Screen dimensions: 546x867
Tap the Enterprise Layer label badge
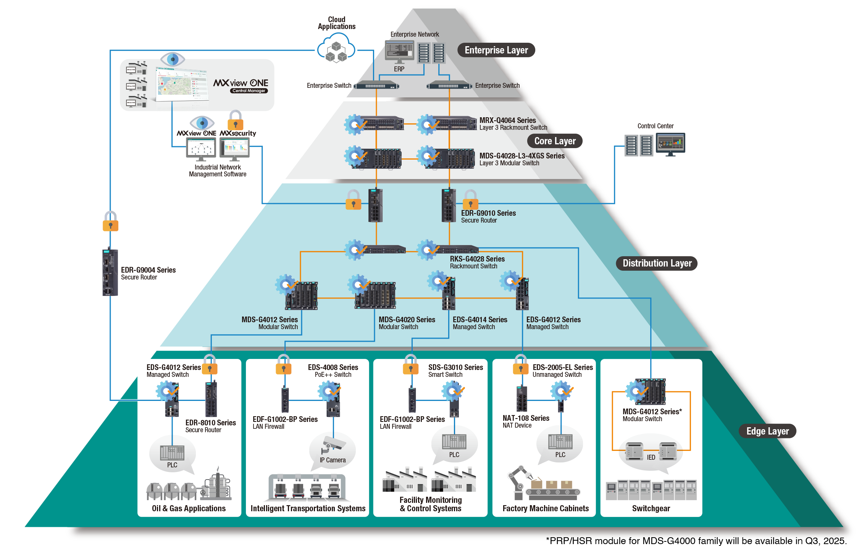tap(496, 50)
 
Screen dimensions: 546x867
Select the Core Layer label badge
tap(555, 141)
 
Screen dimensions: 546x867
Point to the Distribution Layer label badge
tap(657, 263)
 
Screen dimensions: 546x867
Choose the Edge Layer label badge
tap(767, 431)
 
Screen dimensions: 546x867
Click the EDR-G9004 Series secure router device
tap(110, 272)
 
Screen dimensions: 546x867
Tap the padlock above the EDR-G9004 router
tap(110, 222)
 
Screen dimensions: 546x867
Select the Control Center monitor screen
tap(670, 144)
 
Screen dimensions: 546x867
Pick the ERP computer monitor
tap(399, 51)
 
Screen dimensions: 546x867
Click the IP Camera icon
tap(333, 445)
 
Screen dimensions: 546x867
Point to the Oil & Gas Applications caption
tap(189, 509)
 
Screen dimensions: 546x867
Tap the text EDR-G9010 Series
tap(488, 213)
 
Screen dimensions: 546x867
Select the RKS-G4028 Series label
tap(477, 259)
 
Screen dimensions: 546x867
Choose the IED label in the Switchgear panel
tap(651, 457)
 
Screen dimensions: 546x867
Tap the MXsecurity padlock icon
tap(235, 121)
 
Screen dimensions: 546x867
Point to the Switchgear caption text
tap(651, 509)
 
